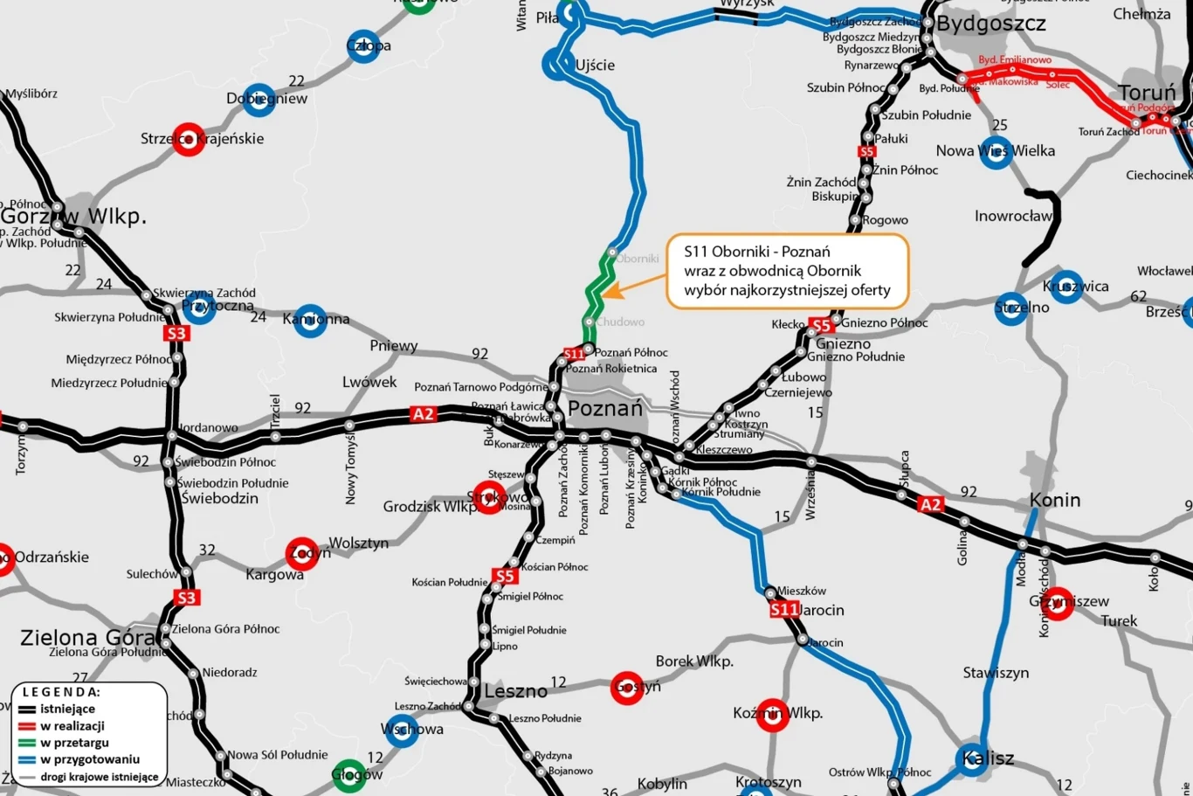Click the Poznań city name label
(x=604, y=408)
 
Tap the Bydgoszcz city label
(x=990, y=24)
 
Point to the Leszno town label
(x=515, y=691)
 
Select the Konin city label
(x=1055, y=500)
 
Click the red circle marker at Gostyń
(x=627, y=688)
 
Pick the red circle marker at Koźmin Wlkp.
(x=772, y=715)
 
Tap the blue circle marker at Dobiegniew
(x=259, y=100)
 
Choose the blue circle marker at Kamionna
(x=310, y=320)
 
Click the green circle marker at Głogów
(x=349, y=775)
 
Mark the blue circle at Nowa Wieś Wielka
(x=996, y=152)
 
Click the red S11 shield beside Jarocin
(x=784, y=610)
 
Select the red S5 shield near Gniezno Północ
(x=821, y=325)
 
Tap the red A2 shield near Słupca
(x=931, y=504)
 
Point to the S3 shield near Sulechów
(x=186, y=598)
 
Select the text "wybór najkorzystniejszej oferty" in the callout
(x=787, y=290)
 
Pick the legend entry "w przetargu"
(x=74, y=743)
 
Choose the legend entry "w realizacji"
(x=72, y=726)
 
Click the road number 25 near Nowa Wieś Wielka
(x=1000, y=125)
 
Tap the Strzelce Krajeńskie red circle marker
(x=189, y=139)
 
